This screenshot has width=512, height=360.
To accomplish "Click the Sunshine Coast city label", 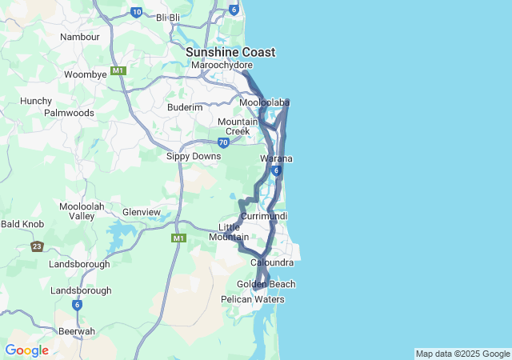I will (x=230, y=52).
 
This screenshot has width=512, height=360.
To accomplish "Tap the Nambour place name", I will (x=80, y=37).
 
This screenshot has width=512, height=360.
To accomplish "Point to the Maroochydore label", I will (x=222, y=65).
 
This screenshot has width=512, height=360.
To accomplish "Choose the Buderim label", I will (x=185, y=107).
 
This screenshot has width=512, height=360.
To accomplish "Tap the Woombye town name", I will (x=86, y=74).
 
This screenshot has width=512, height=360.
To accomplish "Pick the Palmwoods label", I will (x=69, y=113).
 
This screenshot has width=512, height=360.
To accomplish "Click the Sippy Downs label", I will (x=193, y=156).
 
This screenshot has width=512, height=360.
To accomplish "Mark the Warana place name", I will (x=276, y=159).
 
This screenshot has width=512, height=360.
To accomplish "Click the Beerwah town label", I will (x=77, y=330).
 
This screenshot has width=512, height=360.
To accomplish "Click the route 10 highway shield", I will (x=137, y=11).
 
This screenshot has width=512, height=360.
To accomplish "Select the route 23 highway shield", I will (x=37, y=246).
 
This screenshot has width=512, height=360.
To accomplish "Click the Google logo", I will (x=26, y=350).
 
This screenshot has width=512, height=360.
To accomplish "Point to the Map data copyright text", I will (x=462, y=354).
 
